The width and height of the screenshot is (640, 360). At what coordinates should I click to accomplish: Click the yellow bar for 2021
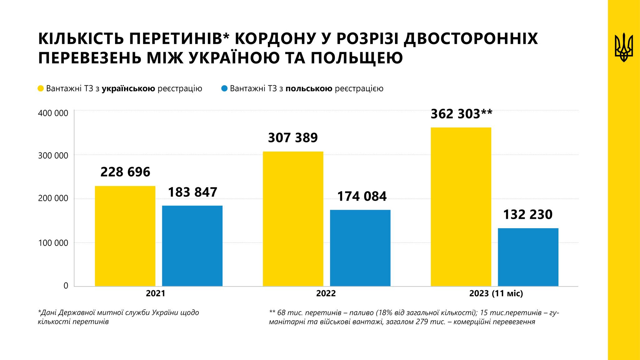coord(125,236)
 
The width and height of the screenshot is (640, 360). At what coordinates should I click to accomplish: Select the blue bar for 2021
coord(192,246)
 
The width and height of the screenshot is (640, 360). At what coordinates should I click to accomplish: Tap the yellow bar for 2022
coord(293,219)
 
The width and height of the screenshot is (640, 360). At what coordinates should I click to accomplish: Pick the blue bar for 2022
coord(360,248)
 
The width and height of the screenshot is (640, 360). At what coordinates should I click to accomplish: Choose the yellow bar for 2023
coord(461,207)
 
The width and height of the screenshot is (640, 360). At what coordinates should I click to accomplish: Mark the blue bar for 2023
coord(528,257)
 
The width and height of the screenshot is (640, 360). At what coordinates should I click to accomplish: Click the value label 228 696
coord(125,172)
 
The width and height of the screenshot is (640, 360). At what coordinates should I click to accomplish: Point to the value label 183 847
coord(192,192)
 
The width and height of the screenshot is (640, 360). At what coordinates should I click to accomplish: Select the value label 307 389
coord(293,137)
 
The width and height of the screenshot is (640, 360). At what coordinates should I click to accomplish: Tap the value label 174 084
coord(362,196)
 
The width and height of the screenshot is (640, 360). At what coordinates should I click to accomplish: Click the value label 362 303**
coord(461,114)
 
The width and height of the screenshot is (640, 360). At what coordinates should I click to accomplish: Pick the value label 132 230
coord(528,215)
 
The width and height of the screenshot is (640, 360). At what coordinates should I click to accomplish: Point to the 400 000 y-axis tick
coord(53,113)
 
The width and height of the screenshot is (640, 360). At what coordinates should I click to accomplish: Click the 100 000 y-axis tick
coord(53,243)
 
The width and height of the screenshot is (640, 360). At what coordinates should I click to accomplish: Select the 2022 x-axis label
coord(326,294)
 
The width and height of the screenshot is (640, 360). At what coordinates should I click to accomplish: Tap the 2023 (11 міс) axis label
coord(496,294)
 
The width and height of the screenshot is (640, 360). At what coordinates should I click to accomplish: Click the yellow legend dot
coord(41,89)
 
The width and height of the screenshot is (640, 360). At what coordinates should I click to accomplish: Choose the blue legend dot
coord(224,89)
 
